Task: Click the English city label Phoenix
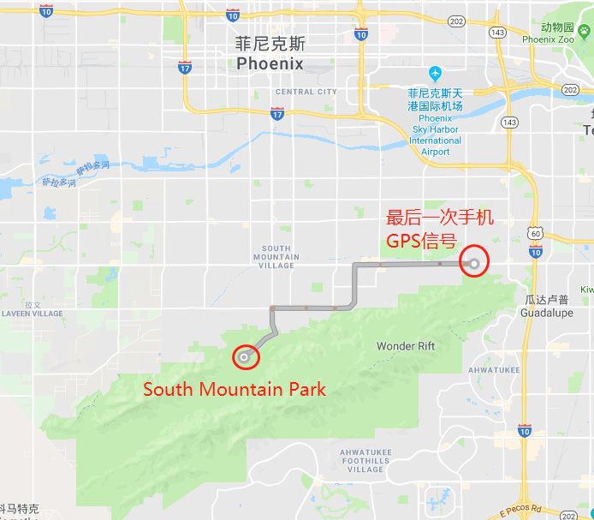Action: click(270, 64)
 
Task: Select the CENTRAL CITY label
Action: click(306, 92)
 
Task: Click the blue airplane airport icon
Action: click(436, 74)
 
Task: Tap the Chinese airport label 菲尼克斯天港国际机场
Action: click(435, 99)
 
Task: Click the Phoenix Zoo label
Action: click(548, 39)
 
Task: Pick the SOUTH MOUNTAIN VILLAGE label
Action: click(276, 257)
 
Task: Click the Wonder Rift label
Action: click(406, 346)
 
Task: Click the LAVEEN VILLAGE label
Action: click(33, 314)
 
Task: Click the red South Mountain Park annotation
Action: click(235, 389)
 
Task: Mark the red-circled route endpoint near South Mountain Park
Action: click(246, 356)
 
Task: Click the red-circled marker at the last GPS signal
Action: click(474, 262)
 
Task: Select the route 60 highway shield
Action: click(534, 233)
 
